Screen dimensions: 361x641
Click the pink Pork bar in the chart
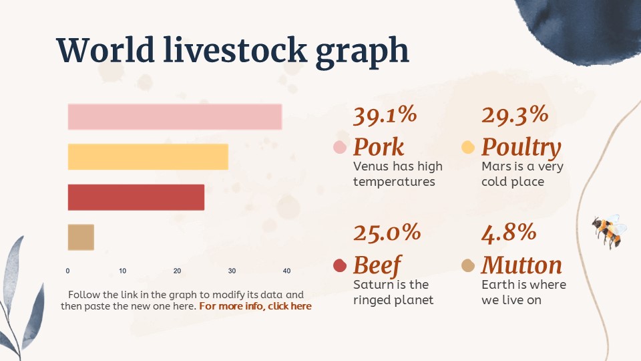[x=174, y=117]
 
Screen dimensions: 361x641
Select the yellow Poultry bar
[x=148, y=156]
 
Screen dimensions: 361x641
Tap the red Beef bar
[x=136, y=197]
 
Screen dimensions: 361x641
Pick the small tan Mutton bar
[x=81, y=237]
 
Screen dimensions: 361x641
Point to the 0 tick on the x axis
[x=67, y=271]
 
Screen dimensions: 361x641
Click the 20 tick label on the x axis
[x=177, y=271]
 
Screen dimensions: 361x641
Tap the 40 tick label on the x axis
[x=286, y=271]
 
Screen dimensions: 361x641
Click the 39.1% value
[x=385, y=116]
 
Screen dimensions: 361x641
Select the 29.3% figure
[x=514, y=116]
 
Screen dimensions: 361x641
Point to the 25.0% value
[x=387, y=233]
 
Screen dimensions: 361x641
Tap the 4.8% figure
[x=509, y=233]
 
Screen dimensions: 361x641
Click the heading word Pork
[x=379, y=147]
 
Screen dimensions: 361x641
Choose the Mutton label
[x=521, y=265]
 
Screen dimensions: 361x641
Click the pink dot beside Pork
[x=339, y=148]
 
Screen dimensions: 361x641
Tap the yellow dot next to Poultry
[x=468, y=147]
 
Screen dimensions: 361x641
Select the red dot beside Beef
[x=339, y=265]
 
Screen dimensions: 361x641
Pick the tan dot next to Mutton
[x=468, y=265]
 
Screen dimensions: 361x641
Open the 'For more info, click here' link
[x=255, y=306]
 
